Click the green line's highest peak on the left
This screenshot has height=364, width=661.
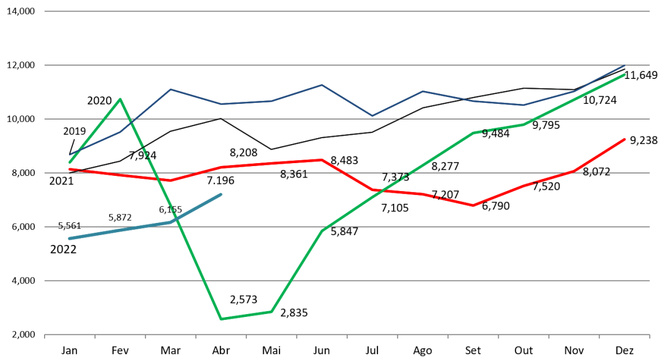tap(120, 99)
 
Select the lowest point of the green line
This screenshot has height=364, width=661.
tap(221, 319)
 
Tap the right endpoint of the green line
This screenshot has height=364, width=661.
tap(624, 75)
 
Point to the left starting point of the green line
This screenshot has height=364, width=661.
tap(70, 163)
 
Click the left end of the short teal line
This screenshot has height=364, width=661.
tap(70, 238)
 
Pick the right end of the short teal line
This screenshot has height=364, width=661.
tap(221, 194)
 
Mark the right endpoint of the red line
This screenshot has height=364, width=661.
tap(624, 139)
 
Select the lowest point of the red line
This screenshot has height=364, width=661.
tap(473, 206)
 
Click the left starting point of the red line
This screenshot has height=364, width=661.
tap(70, 170)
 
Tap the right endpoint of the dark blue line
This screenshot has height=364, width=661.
tap(624, 65)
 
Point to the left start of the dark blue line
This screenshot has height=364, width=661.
tap(70, 155)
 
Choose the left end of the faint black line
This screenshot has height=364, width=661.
tap(70, 172)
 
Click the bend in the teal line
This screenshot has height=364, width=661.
tap(170, 222)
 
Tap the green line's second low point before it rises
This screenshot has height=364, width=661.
tap(271, 312)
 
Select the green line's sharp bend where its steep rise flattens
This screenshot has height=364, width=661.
tap(322, 230)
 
